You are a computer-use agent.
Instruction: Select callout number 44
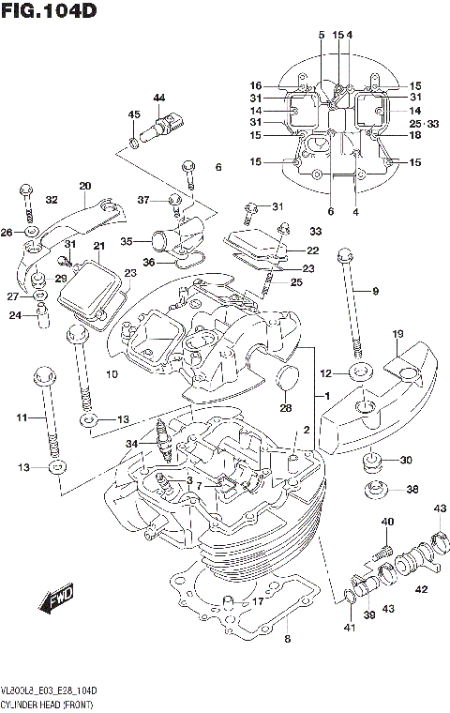(158, 98)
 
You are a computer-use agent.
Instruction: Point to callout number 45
(134, 114)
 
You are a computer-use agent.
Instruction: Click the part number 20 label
(85, 185)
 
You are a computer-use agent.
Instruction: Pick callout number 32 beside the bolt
(51, 199)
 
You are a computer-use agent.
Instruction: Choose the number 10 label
(112, 376)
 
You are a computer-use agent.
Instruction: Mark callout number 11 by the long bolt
(22, 417)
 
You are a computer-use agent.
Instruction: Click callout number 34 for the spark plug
(131, 443)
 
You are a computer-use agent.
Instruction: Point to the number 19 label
(397, 335)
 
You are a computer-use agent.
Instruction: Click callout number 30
(405, 460)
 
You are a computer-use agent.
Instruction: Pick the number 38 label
(412, 490)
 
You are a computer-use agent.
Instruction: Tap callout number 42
(421, 589)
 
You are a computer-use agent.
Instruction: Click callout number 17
(259, 602)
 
